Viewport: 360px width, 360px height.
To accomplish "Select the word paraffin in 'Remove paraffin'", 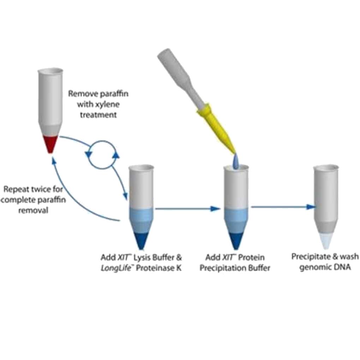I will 112,94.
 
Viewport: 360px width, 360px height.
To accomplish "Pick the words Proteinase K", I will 161,268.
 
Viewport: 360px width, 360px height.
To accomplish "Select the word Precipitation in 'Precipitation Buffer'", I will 223,268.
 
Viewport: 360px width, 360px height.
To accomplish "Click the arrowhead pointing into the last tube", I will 311,207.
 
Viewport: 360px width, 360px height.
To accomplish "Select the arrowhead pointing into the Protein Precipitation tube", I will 215,209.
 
